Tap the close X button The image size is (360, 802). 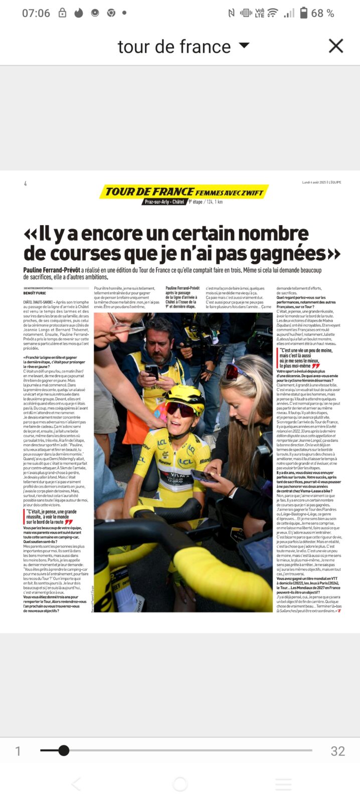335,46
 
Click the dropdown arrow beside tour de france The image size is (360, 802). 244,46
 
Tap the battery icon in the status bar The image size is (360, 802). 303,13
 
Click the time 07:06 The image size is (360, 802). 36,13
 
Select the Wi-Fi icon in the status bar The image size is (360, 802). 273,13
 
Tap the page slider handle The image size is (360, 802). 64,750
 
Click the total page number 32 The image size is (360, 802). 337,751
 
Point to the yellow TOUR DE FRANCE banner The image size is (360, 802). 184,191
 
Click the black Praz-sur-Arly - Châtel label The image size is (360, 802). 164,202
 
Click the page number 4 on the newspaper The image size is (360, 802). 25,184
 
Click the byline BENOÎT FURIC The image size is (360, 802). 35,293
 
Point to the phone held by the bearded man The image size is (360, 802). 152,371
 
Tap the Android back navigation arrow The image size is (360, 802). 76,784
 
